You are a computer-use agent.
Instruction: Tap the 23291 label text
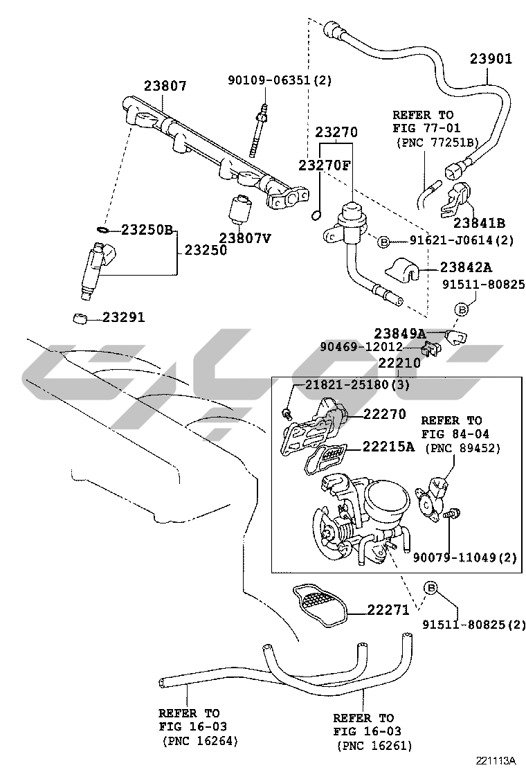(x=124, y=318)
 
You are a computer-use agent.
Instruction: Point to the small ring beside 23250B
(x=100, y=229)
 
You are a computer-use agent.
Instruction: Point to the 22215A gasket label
(x=388, y=447)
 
